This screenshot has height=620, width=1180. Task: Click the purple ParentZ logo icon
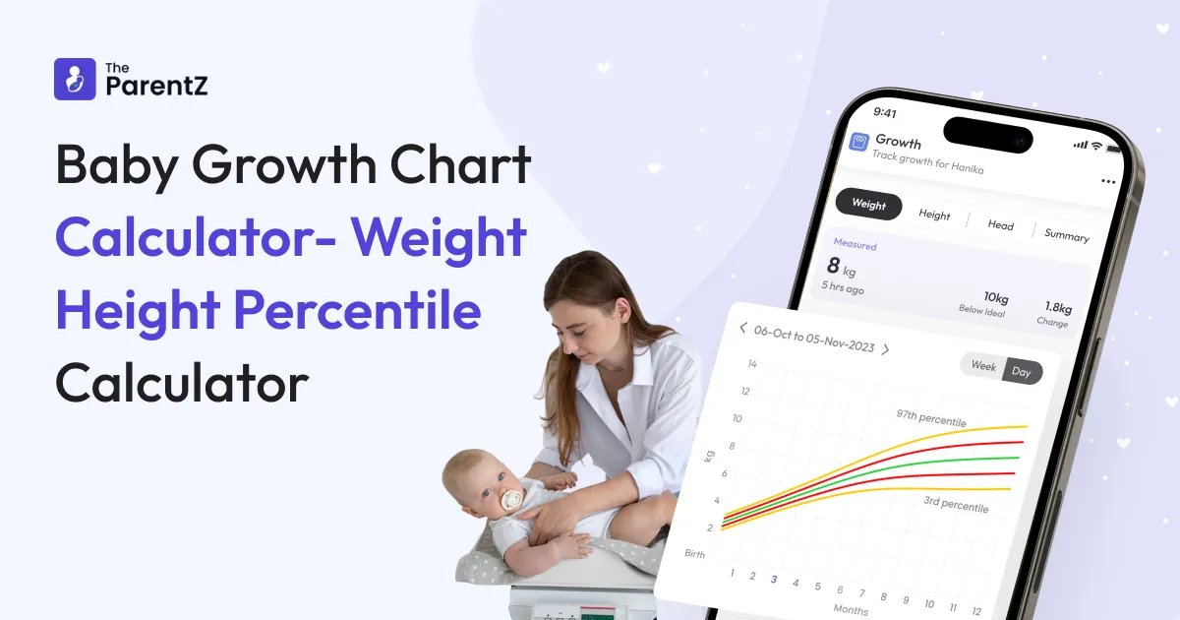[x=75, y=79]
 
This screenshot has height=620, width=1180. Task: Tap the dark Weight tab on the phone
[x=868, y=204]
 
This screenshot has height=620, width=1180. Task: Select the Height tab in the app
[x=934, y=215]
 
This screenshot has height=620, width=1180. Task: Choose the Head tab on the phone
[x=1000, y=225]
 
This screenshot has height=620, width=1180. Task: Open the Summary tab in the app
[x=1067, y=235]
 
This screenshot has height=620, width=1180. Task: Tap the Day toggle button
[x=1022, y=372]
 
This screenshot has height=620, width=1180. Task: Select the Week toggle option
[x=983, y=366]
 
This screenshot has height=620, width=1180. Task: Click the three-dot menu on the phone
[x=1108, y=182]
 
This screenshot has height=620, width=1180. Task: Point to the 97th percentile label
[x=931, y=418]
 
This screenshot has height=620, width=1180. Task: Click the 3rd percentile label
[x=956, y=504]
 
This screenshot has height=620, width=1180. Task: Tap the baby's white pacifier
[x=511, y=499]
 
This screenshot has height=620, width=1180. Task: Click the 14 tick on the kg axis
[x=752, y=364]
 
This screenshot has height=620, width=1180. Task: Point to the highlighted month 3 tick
[x=774, y=580]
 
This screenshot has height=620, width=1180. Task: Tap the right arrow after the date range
[x=886, y=349]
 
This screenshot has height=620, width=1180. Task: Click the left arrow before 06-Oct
[x=742, y=328]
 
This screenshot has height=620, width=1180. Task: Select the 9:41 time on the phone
[x=885, y=112]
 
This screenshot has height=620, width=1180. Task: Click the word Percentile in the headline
[x=357, y=310]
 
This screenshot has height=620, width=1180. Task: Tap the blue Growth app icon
[x=858, y=143]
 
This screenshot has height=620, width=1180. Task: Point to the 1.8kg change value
[x=1058, y=307]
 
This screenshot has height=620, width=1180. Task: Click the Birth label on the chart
[x=695, y=553]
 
